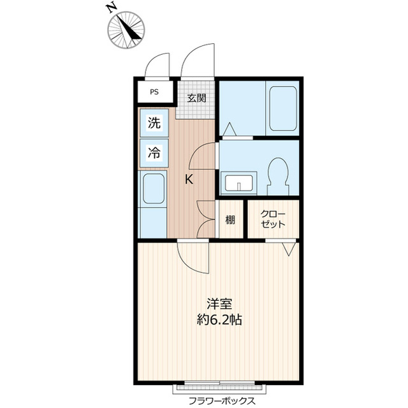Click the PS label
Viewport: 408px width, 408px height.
154,92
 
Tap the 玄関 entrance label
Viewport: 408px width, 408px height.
197,98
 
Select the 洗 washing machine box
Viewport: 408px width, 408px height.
154,123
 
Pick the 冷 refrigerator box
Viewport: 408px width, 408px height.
154,153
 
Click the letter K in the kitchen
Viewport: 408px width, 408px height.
189,179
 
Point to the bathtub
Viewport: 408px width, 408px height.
283,108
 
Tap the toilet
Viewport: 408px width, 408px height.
279,176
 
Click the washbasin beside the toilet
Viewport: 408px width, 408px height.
238,183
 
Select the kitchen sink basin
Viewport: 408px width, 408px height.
154,189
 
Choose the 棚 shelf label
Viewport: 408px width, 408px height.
230,220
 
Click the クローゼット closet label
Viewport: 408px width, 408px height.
273,219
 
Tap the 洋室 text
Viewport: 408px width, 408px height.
219,303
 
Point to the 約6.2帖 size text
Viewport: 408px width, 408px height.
219,320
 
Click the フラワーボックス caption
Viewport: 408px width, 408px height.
222,401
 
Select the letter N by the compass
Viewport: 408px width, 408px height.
112,9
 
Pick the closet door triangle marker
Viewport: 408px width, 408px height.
289,249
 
